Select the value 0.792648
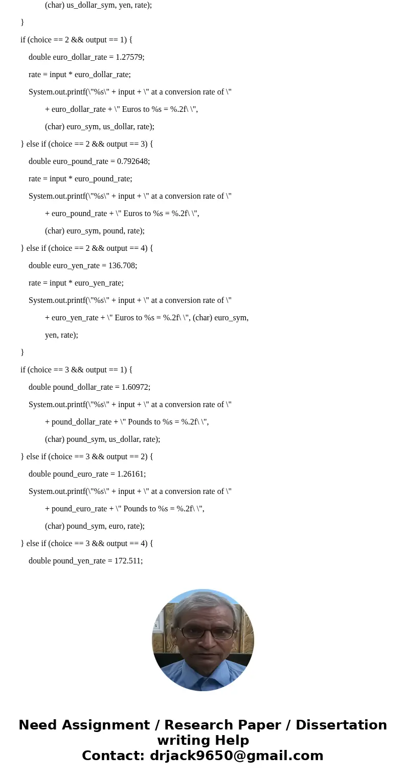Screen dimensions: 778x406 click(133, 161)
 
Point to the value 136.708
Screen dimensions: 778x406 click(123, 266)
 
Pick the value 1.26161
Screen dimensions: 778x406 click(131, 474)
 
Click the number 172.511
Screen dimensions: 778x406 click(128, 561)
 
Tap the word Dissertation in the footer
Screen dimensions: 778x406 click(341, 725)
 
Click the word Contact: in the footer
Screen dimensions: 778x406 click(114, 756)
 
